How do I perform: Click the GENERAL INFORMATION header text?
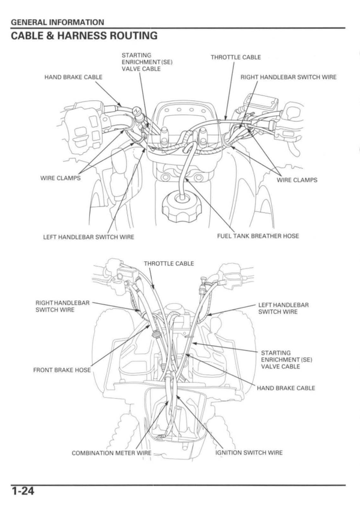[x=58, y=22]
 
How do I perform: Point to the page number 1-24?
[x=22, y=492]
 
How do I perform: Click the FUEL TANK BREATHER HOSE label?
[x=258, y=236]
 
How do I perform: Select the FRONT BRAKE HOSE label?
[x=62, y=370]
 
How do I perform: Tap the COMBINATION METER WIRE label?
[x=112, y=453]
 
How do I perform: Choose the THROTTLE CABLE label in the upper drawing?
[x=236, y=58]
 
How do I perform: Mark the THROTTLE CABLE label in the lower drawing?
[x=169, y=264]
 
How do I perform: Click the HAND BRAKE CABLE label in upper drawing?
[x=73, y=77]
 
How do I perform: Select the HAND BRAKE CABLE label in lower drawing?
[x=286, y=388]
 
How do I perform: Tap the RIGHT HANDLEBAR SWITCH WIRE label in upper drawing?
[x=289, y=77]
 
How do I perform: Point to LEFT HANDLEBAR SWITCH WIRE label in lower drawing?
[x=283, y=309]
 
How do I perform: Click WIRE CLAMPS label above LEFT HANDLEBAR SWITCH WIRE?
[x=60, y=178]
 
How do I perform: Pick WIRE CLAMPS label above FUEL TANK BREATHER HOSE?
[x=297, y=180]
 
